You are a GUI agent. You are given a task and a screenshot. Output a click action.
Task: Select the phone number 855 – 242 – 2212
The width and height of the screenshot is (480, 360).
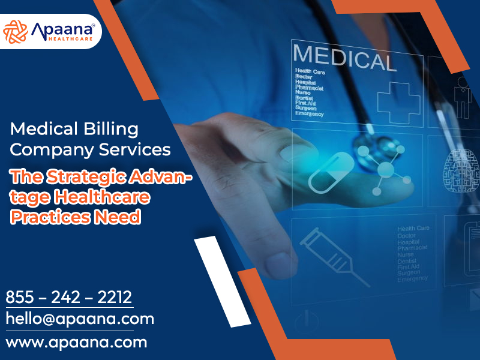[69, 297]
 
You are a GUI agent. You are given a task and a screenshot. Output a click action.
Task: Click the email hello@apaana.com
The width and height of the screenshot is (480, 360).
[80, 319]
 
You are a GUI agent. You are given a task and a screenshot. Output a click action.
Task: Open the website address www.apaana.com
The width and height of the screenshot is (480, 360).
[76, 343]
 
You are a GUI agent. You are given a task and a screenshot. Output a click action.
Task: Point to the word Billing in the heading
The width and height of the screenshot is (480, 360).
[108, 128]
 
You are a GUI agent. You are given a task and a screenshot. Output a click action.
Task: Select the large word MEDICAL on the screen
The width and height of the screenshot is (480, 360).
[344, 58]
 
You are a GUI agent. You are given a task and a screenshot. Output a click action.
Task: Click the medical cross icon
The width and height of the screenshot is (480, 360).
[398, 98]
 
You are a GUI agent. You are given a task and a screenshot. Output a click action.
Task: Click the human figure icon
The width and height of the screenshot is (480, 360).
[463, 96]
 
